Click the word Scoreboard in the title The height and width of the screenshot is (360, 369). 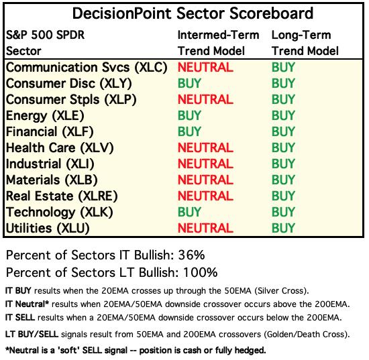[x=271, y=13]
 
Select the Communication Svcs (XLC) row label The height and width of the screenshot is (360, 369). [x=87, y=68]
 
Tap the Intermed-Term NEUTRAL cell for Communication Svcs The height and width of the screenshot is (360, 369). [x=205, y=67]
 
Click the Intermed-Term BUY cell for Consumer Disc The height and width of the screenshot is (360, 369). [x=189, y=83]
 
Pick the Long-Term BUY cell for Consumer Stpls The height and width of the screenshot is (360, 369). [x=283, y=99]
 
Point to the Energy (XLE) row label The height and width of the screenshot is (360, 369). [x=45, y=116]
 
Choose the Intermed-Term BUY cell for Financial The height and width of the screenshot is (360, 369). [x=189, y=131]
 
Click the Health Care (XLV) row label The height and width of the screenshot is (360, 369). [x=60, y=148]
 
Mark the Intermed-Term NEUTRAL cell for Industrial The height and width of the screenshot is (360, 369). [x=205, y=164]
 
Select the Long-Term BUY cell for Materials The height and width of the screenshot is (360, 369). [x=283, y=180]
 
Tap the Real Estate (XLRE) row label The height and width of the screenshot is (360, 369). [x=62, y=196]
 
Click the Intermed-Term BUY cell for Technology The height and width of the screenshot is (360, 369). [x=189, y=212]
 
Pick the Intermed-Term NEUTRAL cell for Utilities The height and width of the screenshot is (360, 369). [x=205, y=228]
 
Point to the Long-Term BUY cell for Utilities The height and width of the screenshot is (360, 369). [x=283, y=228]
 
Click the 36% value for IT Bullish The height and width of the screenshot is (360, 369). [x=191, y=255]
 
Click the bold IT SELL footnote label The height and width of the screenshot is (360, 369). [x=20, y=318]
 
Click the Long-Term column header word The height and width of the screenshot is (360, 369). [x=301, y=36]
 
